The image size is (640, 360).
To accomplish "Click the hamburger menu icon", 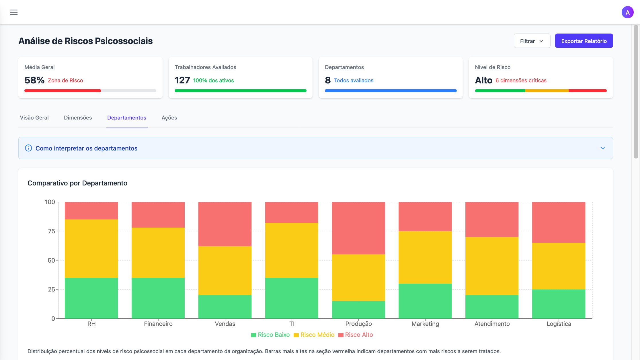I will pos(14,12).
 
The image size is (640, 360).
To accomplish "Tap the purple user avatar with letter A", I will pos(627,12).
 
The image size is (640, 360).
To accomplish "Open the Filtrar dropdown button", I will pos(532,41).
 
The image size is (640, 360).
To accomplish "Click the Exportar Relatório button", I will pos(584,41).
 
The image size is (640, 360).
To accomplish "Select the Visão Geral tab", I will pos(34,118).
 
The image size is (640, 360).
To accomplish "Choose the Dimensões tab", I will pos(78,118).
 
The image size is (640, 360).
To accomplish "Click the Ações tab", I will pos(169,118).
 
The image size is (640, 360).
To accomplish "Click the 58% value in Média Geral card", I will pos(34,80).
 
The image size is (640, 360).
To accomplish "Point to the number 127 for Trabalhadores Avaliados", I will pos(182,80).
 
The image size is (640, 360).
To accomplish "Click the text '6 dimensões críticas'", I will pos(521,81).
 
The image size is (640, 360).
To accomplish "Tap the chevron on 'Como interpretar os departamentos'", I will pos(602,148).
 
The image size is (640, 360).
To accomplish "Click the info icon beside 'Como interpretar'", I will pos(28,148).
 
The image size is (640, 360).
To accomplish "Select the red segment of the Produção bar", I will pos(358,228).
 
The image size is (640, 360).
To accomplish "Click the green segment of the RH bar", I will pos(91,298).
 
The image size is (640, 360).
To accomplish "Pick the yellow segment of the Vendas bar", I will pos(225,271).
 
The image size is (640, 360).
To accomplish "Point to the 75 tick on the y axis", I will pos(51,231).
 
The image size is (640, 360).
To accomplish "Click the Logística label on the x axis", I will pos(559,324).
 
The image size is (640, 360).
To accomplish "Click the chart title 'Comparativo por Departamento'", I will pos(77,183).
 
